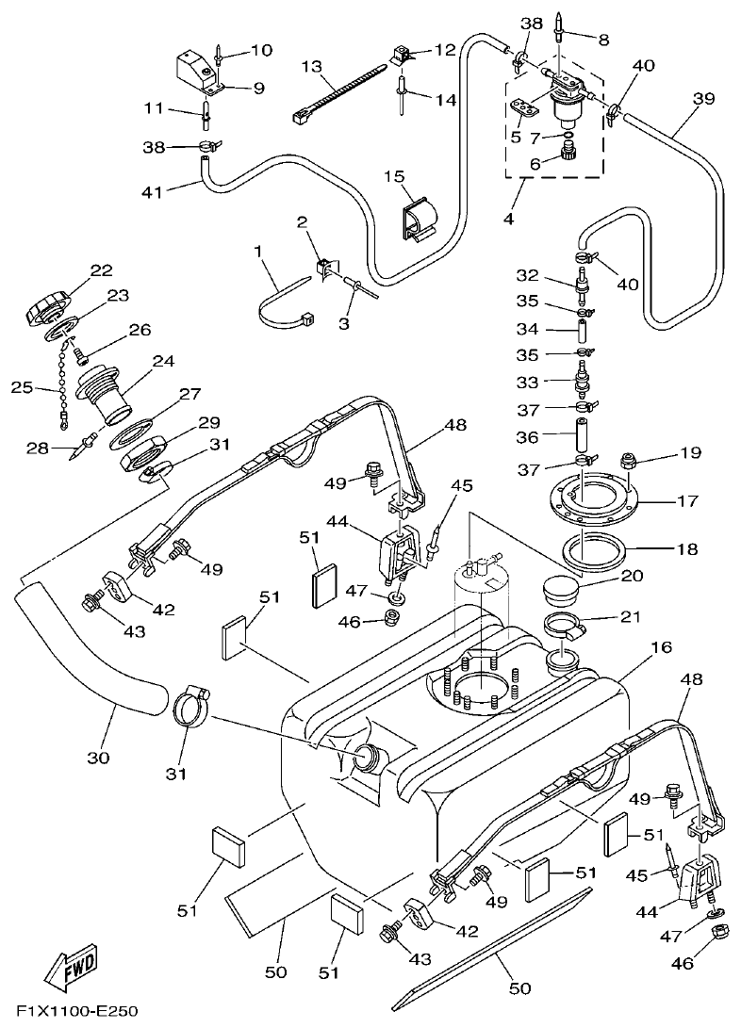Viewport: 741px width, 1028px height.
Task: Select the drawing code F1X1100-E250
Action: coord(76,1012)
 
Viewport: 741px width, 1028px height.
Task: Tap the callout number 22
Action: coord(101,270)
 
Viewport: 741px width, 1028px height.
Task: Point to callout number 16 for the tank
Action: coord(660,648)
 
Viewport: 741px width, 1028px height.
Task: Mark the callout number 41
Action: coord(152,191)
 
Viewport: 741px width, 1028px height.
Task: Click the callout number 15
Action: coord(392,176)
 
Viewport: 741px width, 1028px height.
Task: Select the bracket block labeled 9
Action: coord(196,67)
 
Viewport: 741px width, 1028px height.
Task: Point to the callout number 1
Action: coord(256,252)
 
